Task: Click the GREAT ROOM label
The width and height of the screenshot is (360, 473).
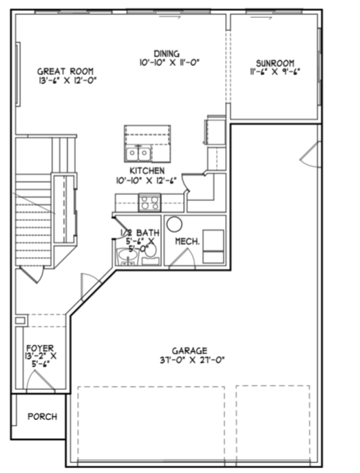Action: [65, 71]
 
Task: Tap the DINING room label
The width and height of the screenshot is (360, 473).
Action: [167, 53]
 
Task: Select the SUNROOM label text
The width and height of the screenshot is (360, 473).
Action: [275, 61]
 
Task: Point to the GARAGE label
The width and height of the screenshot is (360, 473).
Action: [190, 350]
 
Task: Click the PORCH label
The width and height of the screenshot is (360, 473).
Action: [42, 417]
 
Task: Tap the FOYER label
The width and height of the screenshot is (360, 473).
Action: [40, 348]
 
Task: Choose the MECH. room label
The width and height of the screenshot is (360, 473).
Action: [187, 242]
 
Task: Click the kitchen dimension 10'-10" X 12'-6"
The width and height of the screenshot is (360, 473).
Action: [147, 180]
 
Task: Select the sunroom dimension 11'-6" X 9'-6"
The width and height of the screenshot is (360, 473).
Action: [275, 70]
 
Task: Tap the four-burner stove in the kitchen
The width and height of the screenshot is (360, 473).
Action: [149, 202]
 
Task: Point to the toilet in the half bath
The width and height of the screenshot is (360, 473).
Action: [151, 253]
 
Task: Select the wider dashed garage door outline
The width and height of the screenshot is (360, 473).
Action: [151, 423]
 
